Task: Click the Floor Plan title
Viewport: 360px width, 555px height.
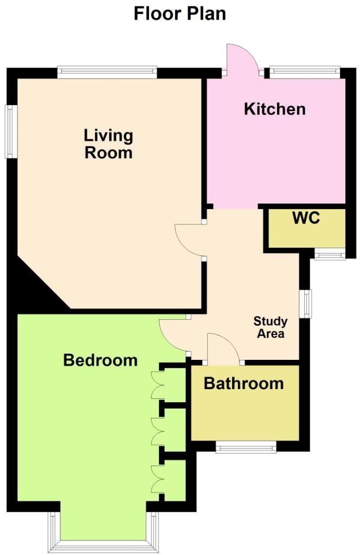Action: pos(179,13)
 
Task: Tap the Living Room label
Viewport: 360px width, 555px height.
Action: pos(108,144)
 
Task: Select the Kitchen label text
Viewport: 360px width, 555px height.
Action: pos(274,109)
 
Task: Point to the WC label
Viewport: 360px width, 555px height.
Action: pos(306,218)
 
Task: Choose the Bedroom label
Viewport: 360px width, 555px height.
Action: pos(100,360)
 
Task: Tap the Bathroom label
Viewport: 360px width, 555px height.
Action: pos(243,384)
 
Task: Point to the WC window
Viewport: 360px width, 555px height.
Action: pos(330,255)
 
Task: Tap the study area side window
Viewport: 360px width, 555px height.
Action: pos(307,303)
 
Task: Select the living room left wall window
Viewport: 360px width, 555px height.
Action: pos(10,132)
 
